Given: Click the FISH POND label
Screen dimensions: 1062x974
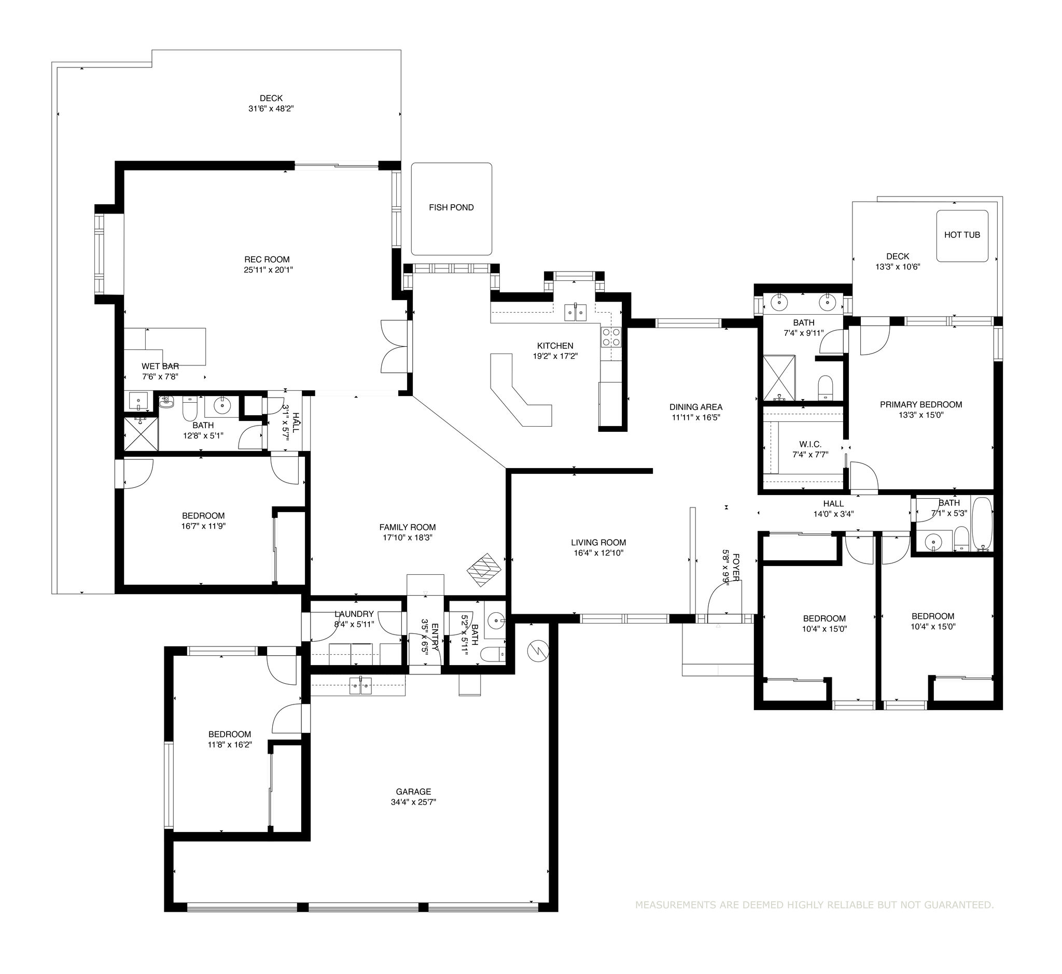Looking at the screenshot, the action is point(451,208).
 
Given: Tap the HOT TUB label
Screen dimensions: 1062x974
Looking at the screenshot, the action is point(962,235).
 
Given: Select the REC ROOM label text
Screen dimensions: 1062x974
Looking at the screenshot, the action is point(267,259).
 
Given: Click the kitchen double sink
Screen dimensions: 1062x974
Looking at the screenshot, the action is point(575,312).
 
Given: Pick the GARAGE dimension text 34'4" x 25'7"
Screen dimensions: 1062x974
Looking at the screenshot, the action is point(414,802).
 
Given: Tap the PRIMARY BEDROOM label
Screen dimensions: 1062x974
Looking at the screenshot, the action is point(921,405).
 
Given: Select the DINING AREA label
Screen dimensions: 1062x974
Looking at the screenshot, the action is point(696,407).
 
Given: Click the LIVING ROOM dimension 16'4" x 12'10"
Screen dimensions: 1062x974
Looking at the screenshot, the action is point(598,553).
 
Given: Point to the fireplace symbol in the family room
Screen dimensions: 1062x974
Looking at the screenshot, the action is point(484,570).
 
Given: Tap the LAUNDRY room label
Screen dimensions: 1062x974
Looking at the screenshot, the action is point(354,614).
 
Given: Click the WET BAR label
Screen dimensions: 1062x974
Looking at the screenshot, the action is point(160,366).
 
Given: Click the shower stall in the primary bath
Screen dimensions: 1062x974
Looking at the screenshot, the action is point(779,378).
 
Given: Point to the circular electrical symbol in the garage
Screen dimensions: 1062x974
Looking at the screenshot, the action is point(538,652).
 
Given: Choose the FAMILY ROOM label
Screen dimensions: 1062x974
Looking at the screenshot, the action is point(408,527).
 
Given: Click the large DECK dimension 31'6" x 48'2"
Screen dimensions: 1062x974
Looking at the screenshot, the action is point(271,108).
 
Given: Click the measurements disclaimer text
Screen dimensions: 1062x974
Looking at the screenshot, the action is point(814,906).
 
